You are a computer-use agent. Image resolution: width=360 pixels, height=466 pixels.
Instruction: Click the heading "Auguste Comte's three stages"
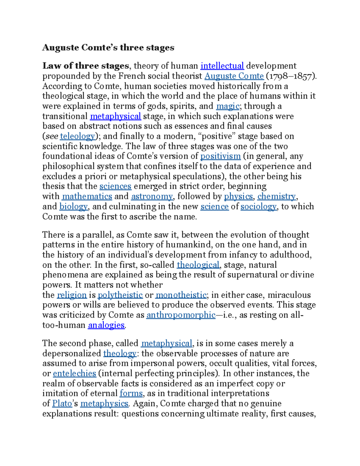(x=108, y=48)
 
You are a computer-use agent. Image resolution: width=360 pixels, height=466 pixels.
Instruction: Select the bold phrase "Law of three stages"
(x=85, y=66)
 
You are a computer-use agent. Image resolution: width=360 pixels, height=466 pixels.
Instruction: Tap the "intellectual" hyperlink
(x=222, y=66)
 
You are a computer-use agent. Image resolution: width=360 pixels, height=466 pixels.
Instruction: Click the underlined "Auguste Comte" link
(x=234, y=76)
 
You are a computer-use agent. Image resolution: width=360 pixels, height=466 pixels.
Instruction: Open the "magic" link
(x=228, y=106)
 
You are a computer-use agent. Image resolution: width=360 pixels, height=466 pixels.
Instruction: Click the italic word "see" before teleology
(x=52, y=136)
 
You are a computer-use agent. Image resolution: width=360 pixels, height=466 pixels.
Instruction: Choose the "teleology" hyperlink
(x=77, y=136)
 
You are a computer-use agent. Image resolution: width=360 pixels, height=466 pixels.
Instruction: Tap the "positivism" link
(x=220, y=156)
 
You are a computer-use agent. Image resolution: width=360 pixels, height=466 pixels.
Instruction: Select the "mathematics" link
(x=87, y=196)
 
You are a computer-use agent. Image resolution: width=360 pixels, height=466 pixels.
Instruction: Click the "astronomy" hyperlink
(x=152, y=196)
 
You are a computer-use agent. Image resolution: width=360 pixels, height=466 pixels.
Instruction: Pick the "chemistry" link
(x=277, y=196)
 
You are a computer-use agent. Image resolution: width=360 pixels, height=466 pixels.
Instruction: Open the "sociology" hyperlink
(x=258, y=206)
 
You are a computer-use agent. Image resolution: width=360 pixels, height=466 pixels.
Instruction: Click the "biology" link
(x=73, y=206)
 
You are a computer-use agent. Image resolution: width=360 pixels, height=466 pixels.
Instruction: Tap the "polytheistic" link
(x=120, y=295)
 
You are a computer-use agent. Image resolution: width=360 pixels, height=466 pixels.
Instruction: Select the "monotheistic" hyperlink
(x=181, y=295)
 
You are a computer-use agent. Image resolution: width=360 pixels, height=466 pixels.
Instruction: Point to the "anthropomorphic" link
(x=181, y=315)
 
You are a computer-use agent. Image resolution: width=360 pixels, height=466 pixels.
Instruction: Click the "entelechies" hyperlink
(x=74, y=374)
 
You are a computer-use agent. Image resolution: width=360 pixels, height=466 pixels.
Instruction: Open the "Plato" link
(x=62, y=404)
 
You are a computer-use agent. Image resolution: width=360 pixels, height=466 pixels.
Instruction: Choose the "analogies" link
(x=106, y=325)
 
